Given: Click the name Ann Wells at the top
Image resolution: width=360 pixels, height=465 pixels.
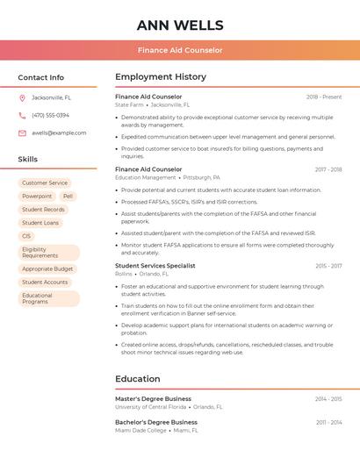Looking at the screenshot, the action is pos(180,25).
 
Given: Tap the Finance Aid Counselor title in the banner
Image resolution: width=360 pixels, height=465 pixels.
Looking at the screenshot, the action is pos(180,50).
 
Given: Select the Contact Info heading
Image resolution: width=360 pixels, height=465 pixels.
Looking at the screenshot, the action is pos(41,77).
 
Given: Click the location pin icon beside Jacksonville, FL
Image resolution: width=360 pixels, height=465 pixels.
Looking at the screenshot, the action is pos(22,97).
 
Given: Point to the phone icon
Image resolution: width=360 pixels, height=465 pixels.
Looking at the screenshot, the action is pos(22,115).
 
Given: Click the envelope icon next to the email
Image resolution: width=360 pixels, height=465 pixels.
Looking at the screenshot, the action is pos(22,133).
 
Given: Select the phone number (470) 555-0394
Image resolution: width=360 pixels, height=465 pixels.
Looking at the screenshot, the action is pos(50,115).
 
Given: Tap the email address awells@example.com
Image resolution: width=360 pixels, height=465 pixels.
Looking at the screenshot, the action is pos(59,133).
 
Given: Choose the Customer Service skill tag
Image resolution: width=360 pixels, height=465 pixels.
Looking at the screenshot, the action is pos(45,182).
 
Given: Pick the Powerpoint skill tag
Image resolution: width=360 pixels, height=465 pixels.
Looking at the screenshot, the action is pos(37,197).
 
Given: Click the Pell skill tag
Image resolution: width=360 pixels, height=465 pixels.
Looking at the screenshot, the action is pos(68,197).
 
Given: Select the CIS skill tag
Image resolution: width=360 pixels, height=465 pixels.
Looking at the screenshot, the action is pos(26,236).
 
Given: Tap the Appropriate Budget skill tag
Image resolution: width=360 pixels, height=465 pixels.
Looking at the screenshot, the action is pos(47,268).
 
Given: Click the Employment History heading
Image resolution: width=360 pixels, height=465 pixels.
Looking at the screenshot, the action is pos(161,77).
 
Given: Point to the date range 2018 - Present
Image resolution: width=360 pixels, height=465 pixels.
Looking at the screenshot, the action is pos(324,97).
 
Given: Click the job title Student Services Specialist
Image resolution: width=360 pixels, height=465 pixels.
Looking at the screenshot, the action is pos(155,265).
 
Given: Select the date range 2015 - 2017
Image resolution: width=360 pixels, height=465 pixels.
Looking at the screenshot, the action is pos(328,265).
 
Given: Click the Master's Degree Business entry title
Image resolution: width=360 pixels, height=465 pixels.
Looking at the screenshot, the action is pos(153,398).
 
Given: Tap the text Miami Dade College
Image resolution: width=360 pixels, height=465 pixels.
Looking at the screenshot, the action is pos(140,431).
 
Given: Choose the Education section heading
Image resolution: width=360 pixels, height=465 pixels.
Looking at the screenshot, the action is pos(138,379).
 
